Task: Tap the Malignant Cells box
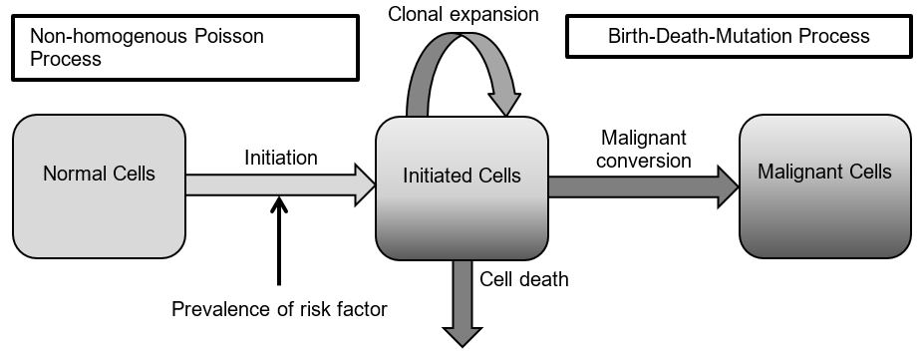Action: tap(824, 185)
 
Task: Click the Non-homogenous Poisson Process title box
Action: tap(184, 48)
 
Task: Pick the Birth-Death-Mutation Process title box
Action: tap(739, 37)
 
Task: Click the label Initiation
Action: tap(281, 158)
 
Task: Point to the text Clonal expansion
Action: tap(463, 15)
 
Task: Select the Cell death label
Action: tap(524, 279)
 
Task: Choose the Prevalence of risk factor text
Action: tap(279, 309)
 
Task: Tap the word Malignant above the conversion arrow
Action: tap(645, 137)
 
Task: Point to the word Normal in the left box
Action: tap(74, 174)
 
